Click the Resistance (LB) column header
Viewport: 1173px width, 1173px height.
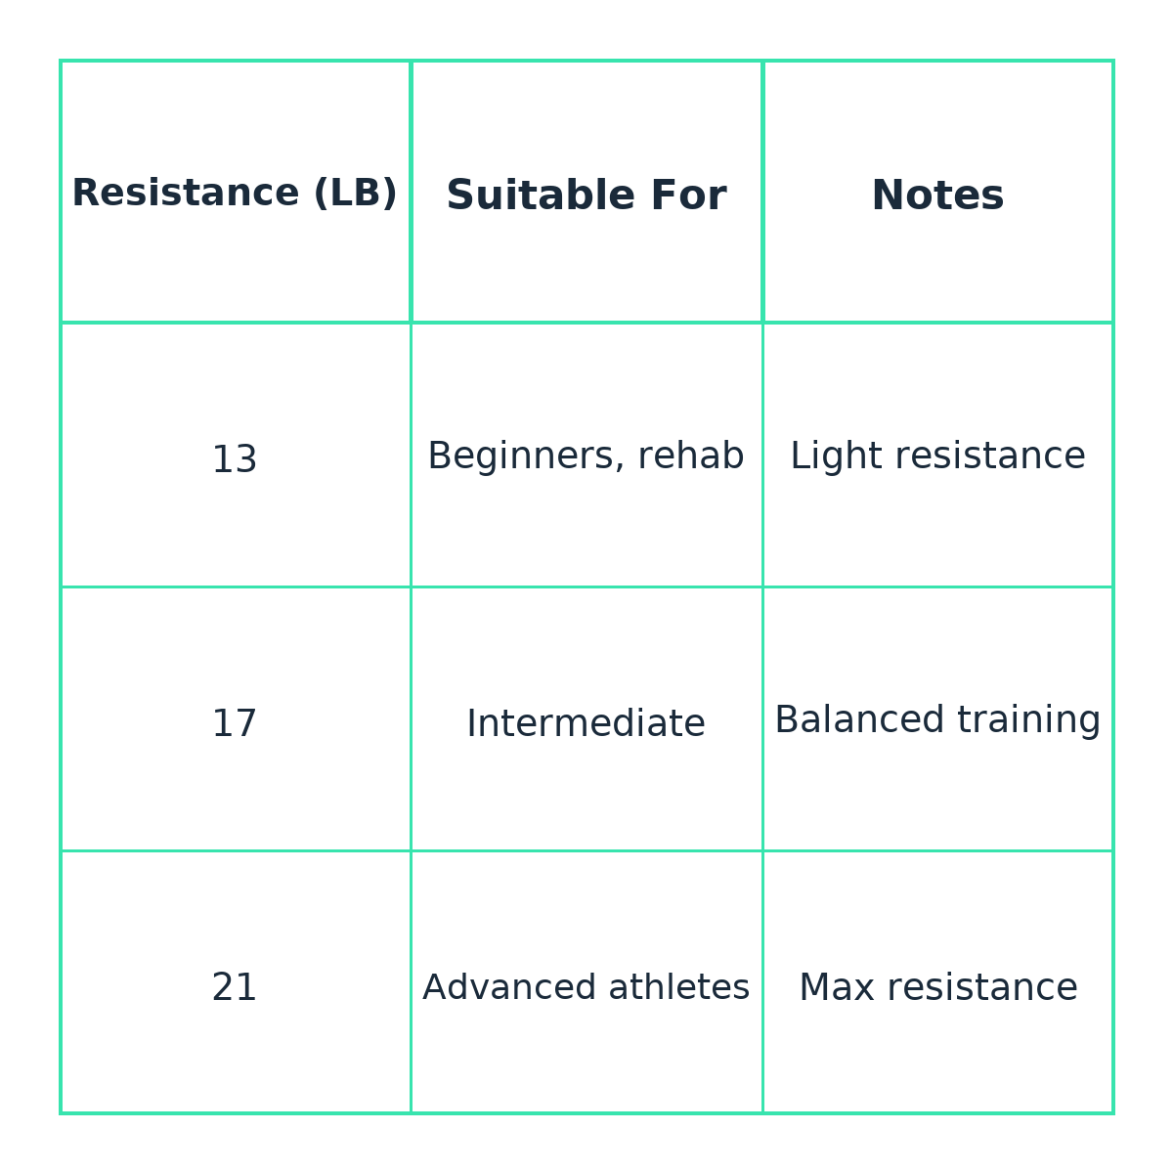(235, 193)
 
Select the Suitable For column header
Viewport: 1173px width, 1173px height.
(586, 195)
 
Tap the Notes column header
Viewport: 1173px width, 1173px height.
(937, 195)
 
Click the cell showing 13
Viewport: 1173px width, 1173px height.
(235, 459)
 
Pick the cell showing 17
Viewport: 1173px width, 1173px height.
(235, 723)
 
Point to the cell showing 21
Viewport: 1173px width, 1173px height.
(235, 987)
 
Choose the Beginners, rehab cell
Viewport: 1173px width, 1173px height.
(586, 456)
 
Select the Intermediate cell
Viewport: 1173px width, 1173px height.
(586, 723)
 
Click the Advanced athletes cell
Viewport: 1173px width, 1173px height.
(586, 987)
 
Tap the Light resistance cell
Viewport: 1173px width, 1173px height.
(937, 456)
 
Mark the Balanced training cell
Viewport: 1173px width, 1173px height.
(937, 720)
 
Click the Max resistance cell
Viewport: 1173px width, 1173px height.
(937, 987)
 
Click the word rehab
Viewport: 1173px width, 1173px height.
(691, 456)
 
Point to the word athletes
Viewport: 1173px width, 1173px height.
(678, 986)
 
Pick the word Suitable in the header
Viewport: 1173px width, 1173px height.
(541, 195)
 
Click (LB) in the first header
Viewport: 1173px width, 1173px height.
(356, 194)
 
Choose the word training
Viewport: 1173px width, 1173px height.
(1028, 721)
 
